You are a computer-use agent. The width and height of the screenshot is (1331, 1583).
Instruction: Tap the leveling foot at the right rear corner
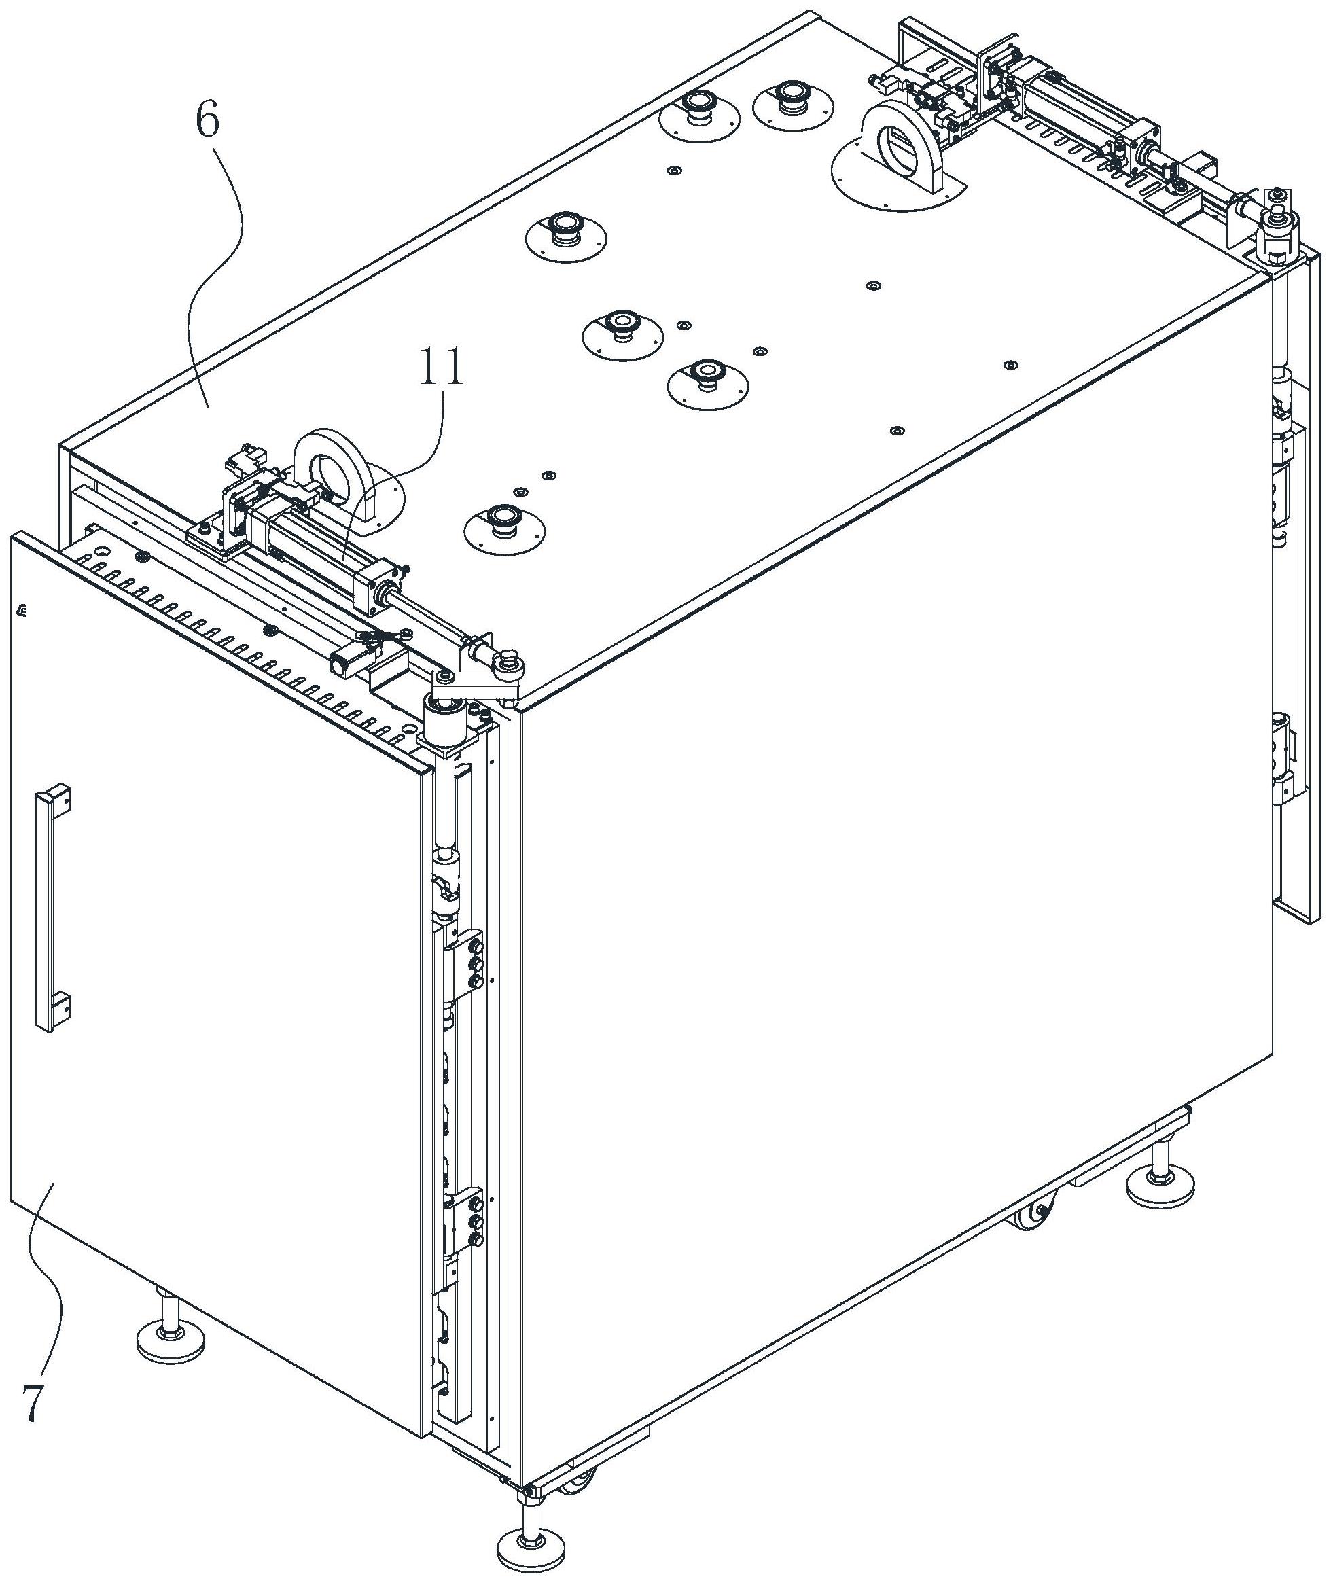[x=1159, y=1189]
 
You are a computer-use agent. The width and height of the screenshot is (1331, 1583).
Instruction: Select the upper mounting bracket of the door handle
[x=57, y=798]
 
